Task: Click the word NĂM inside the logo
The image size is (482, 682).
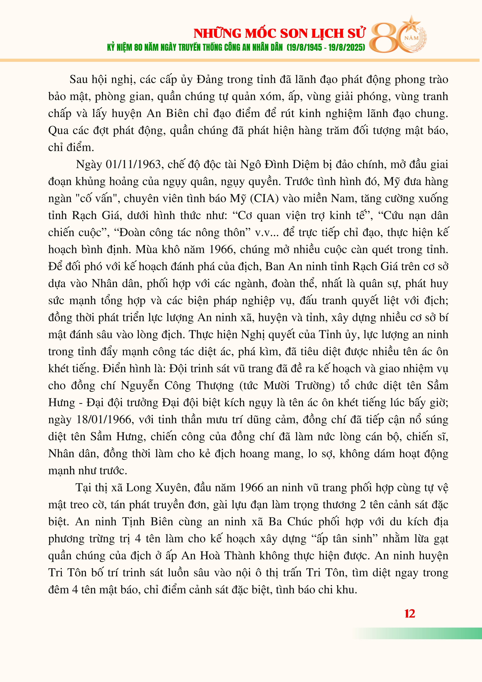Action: (x=412, y=38)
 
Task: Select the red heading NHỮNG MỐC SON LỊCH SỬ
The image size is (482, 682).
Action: (x=279, y=33)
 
